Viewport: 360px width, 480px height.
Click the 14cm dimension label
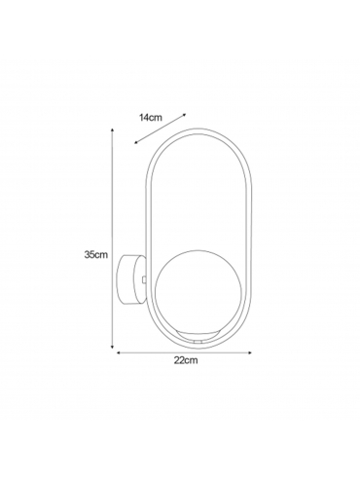151,118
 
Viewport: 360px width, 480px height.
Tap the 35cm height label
96,254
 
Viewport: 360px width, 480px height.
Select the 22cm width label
186,360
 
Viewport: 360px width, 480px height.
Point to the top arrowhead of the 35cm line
112,130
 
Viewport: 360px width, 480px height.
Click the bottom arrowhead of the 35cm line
112,347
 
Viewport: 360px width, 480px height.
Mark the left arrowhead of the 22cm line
119,352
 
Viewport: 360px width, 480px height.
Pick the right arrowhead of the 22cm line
249,352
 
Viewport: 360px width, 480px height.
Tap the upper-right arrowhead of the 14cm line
184,115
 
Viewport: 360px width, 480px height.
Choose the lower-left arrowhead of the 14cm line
136,142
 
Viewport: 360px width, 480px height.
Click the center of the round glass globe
198,293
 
